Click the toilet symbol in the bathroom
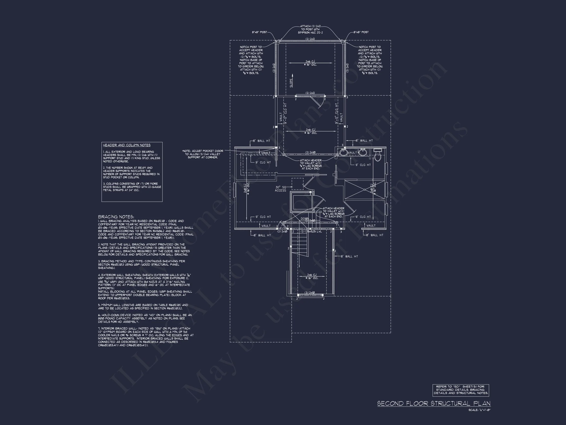(x=377, y=155)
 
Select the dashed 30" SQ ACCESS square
(x=297, y=184)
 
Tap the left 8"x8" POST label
(x=259, y=32)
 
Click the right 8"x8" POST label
(x=361, y=32)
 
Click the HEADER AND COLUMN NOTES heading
(x=127, y=145)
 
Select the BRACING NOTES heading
(x=116, y=217)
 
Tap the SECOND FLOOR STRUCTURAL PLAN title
(x=434, y=404)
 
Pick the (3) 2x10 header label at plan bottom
(x=310, y=292)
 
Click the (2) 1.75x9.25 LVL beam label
(x=311, y=232)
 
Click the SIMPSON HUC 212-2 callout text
(x=310, y=32)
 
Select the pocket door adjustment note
(x=202, y=154)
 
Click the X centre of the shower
(x=365, y=190)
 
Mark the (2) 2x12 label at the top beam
(x=310, y=39)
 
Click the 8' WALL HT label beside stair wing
(x=349, y=257)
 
